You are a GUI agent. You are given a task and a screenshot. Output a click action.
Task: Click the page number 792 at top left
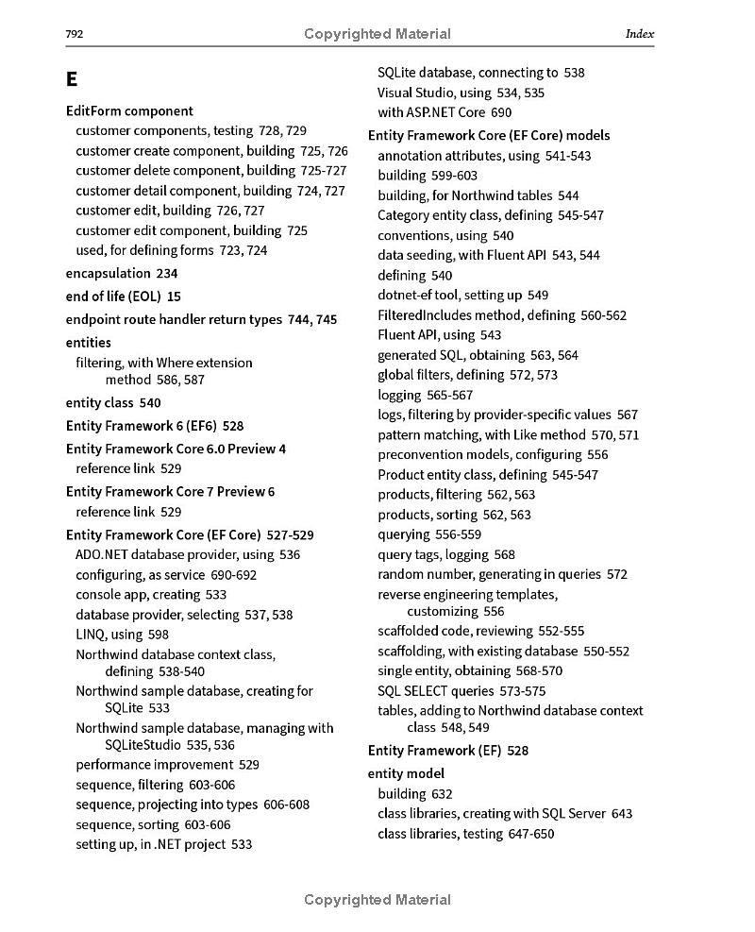75,35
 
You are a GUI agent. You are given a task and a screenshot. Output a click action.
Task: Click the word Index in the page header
639,34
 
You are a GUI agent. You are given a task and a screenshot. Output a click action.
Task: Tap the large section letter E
72,79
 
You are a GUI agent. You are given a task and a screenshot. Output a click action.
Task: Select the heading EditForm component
129,110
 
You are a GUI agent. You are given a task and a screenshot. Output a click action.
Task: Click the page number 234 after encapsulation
167,273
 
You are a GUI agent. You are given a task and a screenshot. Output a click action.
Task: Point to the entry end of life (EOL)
113,297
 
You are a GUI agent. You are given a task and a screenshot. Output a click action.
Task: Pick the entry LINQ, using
109,635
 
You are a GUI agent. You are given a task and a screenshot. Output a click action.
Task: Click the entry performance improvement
156,765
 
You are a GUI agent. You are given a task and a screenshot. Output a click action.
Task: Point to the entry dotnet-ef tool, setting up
449,295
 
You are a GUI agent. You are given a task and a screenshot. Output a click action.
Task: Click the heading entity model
406,773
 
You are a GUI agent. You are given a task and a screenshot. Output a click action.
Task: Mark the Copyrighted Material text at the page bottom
377,900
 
